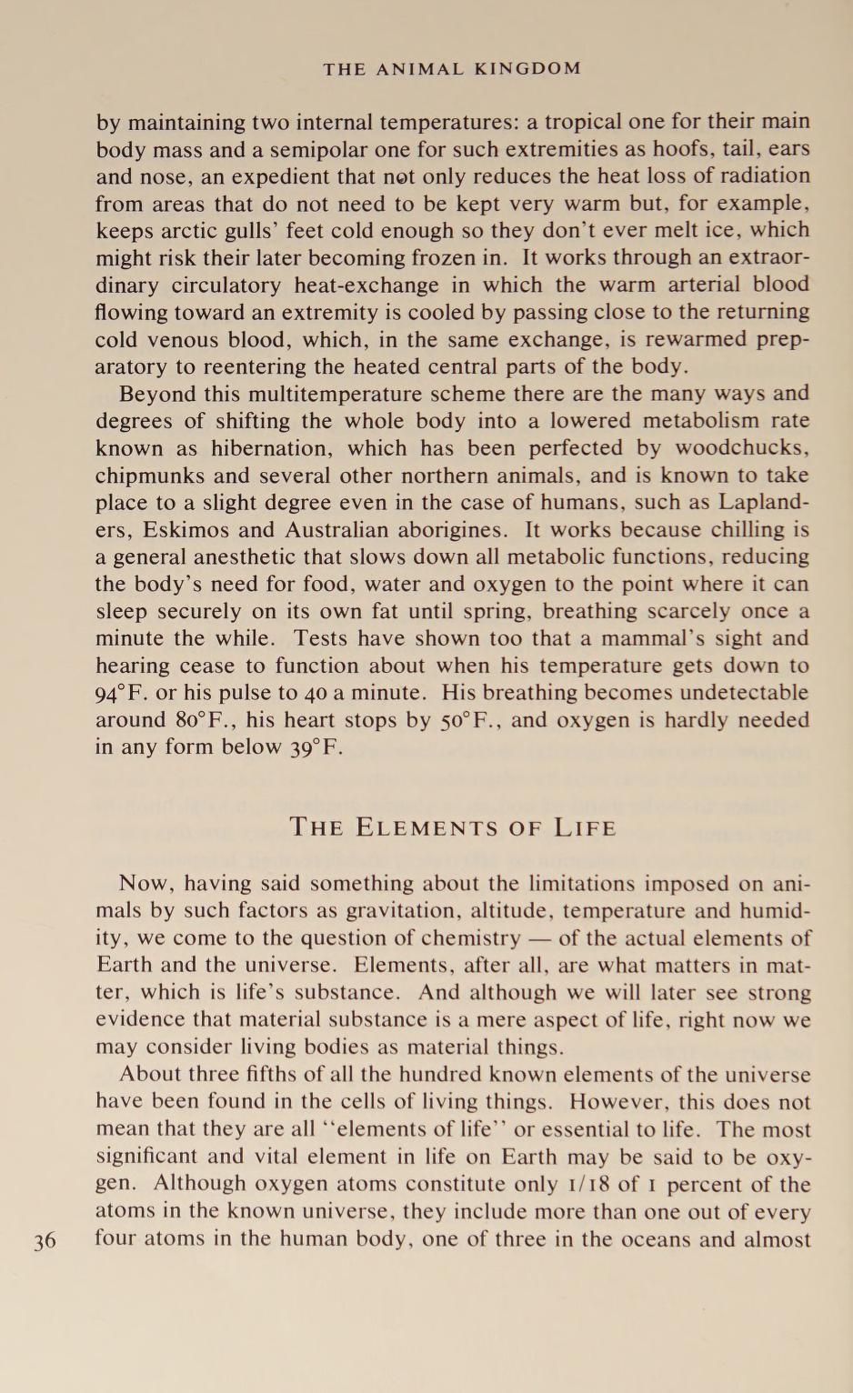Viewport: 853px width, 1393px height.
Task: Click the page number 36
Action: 45,1241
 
